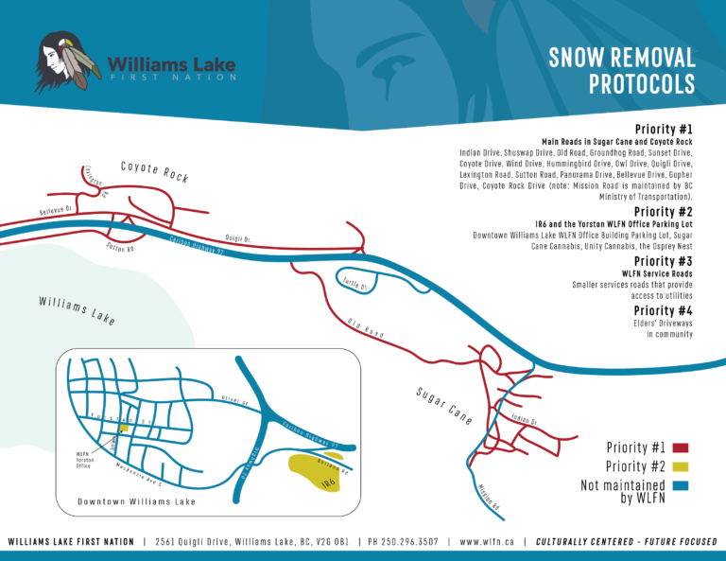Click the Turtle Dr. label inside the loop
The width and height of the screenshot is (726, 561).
(354, 285)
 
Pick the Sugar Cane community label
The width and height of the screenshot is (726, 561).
(443, 405)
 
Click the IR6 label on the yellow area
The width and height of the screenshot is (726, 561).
(327, 483)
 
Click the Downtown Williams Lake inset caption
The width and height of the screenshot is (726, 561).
(136, 501)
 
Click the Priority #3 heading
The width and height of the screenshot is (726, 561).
(664, 261)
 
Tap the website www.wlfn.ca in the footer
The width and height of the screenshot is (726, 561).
(486, 542)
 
